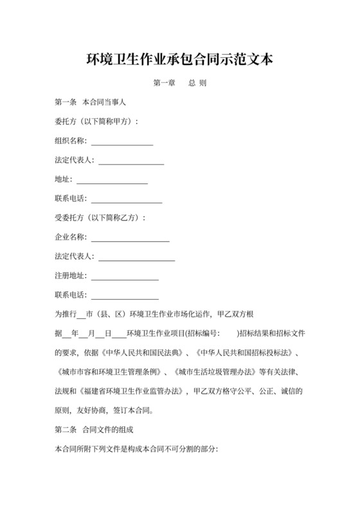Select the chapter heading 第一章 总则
179,84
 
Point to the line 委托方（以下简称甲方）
97,122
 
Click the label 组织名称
71,141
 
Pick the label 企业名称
71,237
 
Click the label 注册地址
71,275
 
